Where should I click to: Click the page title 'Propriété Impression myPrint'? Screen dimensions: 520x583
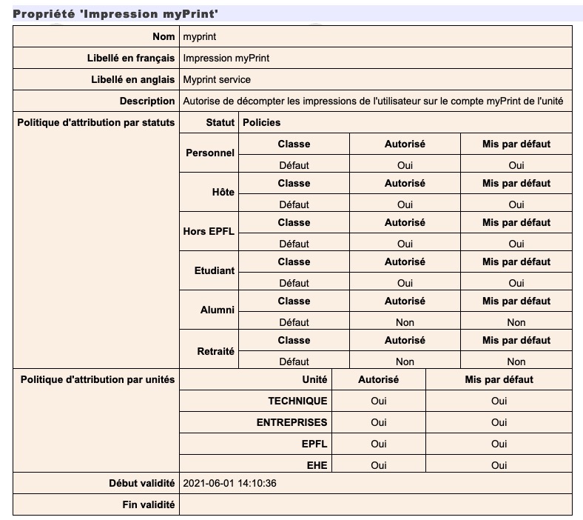pyautogui.click(x=116, y=14)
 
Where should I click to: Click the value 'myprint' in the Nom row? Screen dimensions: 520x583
pyautogui.click(x=200, y=36)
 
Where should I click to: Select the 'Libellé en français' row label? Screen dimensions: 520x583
pyautogui.click(x=131, y=58)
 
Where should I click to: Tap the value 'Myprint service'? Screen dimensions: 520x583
pyautogui.click(x=217, y=79)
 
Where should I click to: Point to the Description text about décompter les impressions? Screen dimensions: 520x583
pyautogui.click(x=374, y=101)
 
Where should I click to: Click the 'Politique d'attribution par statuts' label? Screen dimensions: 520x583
pyautogui.click(x=96, y=122)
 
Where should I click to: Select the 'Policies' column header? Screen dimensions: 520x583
pyautogui.click(x=262, y=122)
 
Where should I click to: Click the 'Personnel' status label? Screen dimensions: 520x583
pyautogui.click(x=210, y=153)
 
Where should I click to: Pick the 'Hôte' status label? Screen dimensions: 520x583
pyautogui.click(x=223, y=192)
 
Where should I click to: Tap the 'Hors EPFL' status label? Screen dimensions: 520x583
pyautogui.click(x=209, y=231)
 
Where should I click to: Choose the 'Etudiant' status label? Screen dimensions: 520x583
pyautogui.click(x=214, y=270)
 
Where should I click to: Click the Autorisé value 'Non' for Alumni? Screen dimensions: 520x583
pyautogui.click(x=405, y=322)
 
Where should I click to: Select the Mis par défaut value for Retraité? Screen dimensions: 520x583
pyautogui.click(x=516, y=361)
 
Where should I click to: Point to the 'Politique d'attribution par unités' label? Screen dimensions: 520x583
pyautogui.click(x=98, y=379)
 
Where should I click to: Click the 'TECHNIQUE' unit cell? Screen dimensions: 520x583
pyautogui.click(x=297, y=401)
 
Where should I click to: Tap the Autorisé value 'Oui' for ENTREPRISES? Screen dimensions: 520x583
pyautogui.click(x=379, y=422)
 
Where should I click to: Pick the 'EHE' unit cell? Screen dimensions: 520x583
pyautogui.click(x=317, y=465)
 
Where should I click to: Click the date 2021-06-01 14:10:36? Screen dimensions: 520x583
pyautogui.click(x=229, y=484)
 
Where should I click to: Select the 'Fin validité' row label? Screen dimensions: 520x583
pyautogui.click(x=149, y=504)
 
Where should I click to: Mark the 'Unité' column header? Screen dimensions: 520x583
pyautogui.click(x=314, y=379)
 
